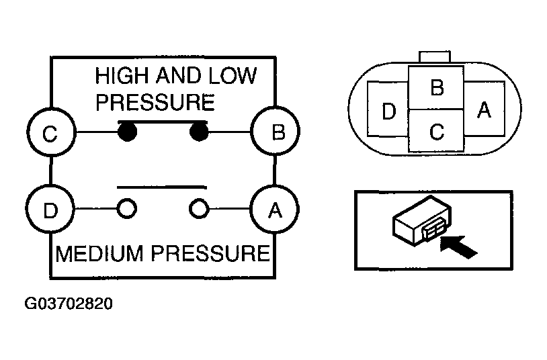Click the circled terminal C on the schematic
coord(51,132)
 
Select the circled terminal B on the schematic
coord(276,131)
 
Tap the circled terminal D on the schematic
coord(50,209)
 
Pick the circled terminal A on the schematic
coord(275,209)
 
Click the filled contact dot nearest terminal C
coord(127,132)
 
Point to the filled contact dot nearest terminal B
coord(199,132)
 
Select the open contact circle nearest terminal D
coord(126,209)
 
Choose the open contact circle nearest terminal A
coord(199,209)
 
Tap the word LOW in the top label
coord(233,76)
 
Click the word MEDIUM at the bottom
coord(99,254)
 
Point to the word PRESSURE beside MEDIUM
coord(211,254)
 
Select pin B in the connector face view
coord(436,87)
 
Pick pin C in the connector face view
coord(436,131)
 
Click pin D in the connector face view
coord(388,109)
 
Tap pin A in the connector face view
coord(485,109)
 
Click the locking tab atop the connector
coord(435,57)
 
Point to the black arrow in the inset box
coord(458,247)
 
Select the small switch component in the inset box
coord(422,221)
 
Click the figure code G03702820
coord(69,304)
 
